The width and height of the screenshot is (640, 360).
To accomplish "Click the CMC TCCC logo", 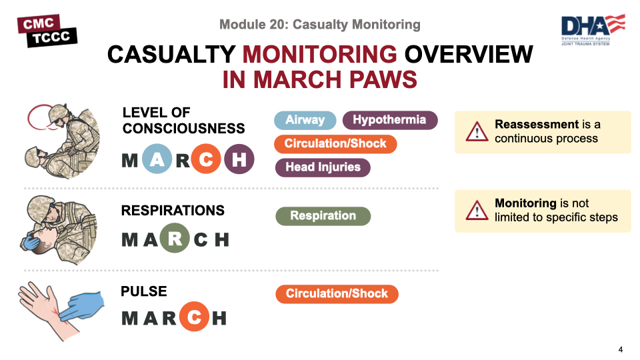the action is (47, 31).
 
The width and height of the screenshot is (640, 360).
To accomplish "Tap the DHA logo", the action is (593, 30).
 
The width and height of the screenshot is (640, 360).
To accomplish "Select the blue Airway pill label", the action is (305, 120).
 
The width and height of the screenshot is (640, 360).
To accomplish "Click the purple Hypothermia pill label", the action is (390, 120).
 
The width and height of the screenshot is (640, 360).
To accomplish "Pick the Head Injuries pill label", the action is (323, 167).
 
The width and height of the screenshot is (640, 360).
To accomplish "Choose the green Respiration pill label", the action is (323, 216).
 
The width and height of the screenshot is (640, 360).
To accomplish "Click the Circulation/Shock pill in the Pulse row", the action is (337, 294).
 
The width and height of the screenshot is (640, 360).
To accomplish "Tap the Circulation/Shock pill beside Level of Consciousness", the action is (335, 144).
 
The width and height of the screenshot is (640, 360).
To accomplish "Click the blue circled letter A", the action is (157, 159).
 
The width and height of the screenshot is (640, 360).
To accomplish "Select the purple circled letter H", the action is (239, 159).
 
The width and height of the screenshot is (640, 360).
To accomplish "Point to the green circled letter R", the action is (175, 238).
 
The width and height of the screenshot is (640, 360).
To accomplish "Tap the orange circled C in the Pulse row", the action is (194, 316).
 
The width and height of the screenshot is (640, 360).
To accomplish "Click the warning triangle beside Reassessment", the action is (477, 132).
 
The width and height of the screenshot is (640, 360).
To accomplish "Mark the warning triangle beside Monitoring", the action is (477, 211).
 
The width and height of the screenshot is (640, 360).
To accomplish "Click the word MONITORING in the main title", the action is (319, 54).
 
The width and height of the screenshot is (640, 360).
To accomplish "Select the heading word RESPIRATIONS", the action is (173, 210).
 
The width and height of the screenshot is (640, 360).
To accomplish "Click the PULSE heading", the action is (144, 291).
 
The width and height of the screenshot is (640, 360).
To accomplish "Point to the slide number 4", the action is (621, 349).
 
